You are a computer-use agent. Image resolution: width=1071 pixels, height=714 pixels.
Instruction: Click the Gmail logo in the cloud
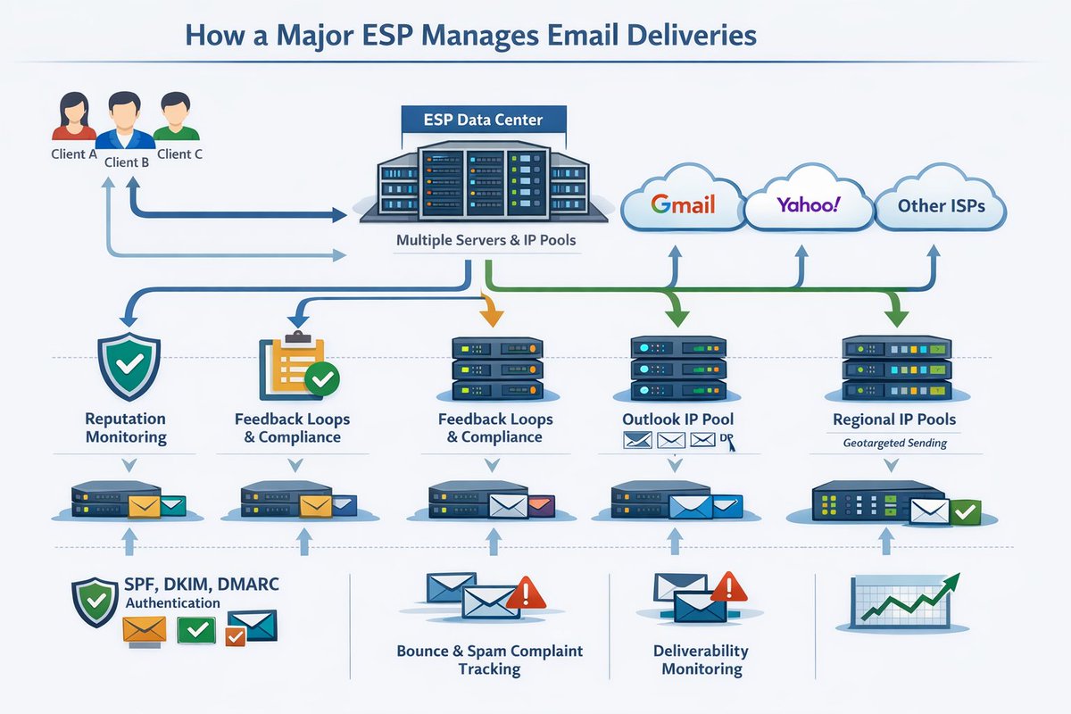pos(683,204)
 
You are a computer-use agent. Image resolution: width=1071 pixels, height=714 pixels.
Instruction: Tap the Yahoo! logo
pos(808,204)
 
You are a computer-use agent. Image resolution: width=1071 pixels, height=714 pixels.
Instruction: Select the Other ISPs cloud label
pos(941,205)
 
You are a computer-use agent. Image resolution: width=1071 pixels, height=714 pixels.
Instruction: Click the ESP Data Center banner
pos(484,120)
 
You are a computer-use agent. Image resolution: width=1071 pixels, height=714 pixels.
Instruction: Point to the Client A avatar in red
pos(73,116)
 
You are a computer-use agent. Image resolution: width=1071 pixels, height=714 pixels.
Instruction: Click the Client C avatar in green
pos(176,116)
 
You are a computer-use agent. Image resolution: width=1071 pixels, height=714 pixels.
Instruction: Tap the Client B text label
pos(127,162)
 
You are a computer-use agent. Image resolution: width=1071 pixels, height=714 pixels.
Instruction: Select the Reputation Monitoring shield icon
pos(129,367)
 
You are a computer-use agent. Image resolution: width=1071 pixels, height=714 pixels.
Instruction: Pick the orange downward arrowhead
pos(492,318)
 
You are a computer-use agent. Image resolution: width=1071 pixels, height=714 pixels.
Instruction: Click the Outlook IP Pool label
pos(677,419)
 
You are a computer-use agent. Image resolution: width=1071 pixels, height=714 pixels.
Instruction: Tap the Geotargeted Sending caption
pos(894,444)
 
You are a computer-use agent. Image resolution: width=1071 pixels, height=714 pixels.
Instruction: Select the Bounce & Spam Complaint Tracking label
pos(490,660)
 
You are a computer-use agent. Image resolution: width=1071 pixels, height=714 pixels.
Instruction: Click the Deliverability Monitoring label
pos(701,660)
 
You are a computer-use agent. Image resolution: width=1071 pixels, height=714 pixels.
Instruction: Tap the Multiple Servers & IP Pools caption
pos(486,240)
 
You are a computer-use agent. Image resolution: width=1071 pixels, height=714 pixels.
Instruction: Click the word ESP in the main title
pos(387,36)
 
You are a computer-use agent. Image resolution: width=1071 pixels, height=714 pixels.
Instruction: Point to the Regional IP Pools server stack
pos(897,368)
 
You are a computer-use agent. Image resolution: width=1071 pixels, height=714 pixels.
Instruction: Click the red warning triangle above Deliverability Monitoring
pos(728,586)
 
